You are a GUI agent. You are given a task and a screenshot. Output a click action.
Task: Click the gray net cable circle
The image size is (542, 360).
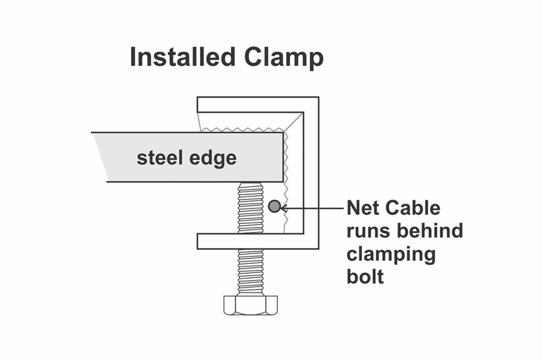pos(274,206)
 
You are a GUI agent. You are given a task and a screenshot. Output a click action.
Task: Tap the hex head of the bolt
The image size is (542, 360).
pos(250,305)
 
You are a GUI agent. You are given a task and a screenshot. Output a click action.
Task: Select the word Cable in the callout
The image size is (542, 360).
pos(416,208)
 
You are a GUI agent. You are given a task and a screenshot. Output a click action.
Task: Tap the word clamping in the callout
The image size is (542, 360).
pos(391,255)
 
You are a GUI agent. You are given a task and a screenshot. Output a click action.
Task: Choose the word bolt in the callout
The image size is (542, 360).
pos(365,277)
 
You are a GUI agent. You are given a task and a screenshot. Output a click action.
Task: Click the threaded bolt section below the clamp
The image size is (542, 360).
pos(250,272)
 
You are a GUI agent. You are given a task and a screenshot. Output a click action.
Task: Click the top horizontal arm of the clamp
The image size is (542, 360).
pos(255,104)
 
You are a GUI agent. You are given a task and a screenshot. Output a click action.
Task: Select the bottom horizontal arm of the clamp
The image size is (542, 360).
pos(255,241)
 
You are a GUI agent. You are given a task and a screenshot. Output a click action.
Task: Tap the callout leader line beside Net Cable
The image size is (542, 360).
pos(314,207)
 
